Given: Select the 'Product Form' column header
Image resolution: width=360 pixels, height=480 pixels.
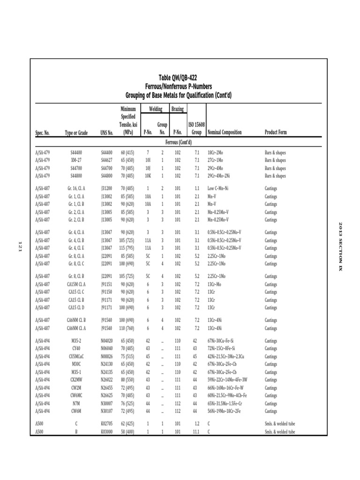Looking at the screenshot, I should tap(276, 133).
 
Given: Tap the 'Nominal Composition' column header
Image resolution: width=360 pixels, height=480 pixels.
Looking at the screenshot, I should tap(225, 133).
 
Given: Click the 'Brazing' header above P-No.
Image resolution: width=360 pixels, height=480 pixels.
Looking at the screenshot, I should tap(177, 109).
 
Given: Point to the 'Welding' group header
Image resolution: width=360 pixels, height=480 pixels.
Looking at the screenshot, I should tap(155, 109).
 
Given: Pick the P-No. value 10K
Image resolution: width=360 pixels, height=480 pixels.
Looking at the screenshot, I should tap(148, 176).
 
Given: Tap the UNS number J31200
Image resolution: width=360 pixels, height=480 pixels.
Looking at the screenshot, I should tap(107, 188).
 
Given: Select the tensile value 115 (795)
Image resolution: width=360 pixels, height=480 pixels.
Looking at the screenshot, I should tap(128, 248).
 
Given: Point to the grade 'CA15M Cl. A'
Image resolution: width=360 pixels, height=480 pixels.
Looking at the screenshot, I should tap(76, 284).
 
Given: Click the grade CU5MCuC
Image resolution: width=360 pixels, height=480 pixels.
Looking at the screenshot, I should tap(76, 356).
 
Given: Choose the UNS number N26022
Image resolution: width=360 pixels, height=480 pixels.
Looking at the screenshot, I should tap(107, 380).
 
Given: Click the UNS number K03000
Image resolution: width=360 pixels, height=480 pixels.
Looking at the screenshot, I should tap(107, 432).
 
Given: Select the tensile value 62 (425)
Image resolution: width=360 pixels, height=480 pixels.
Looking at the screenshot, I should tap(128, 424).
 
